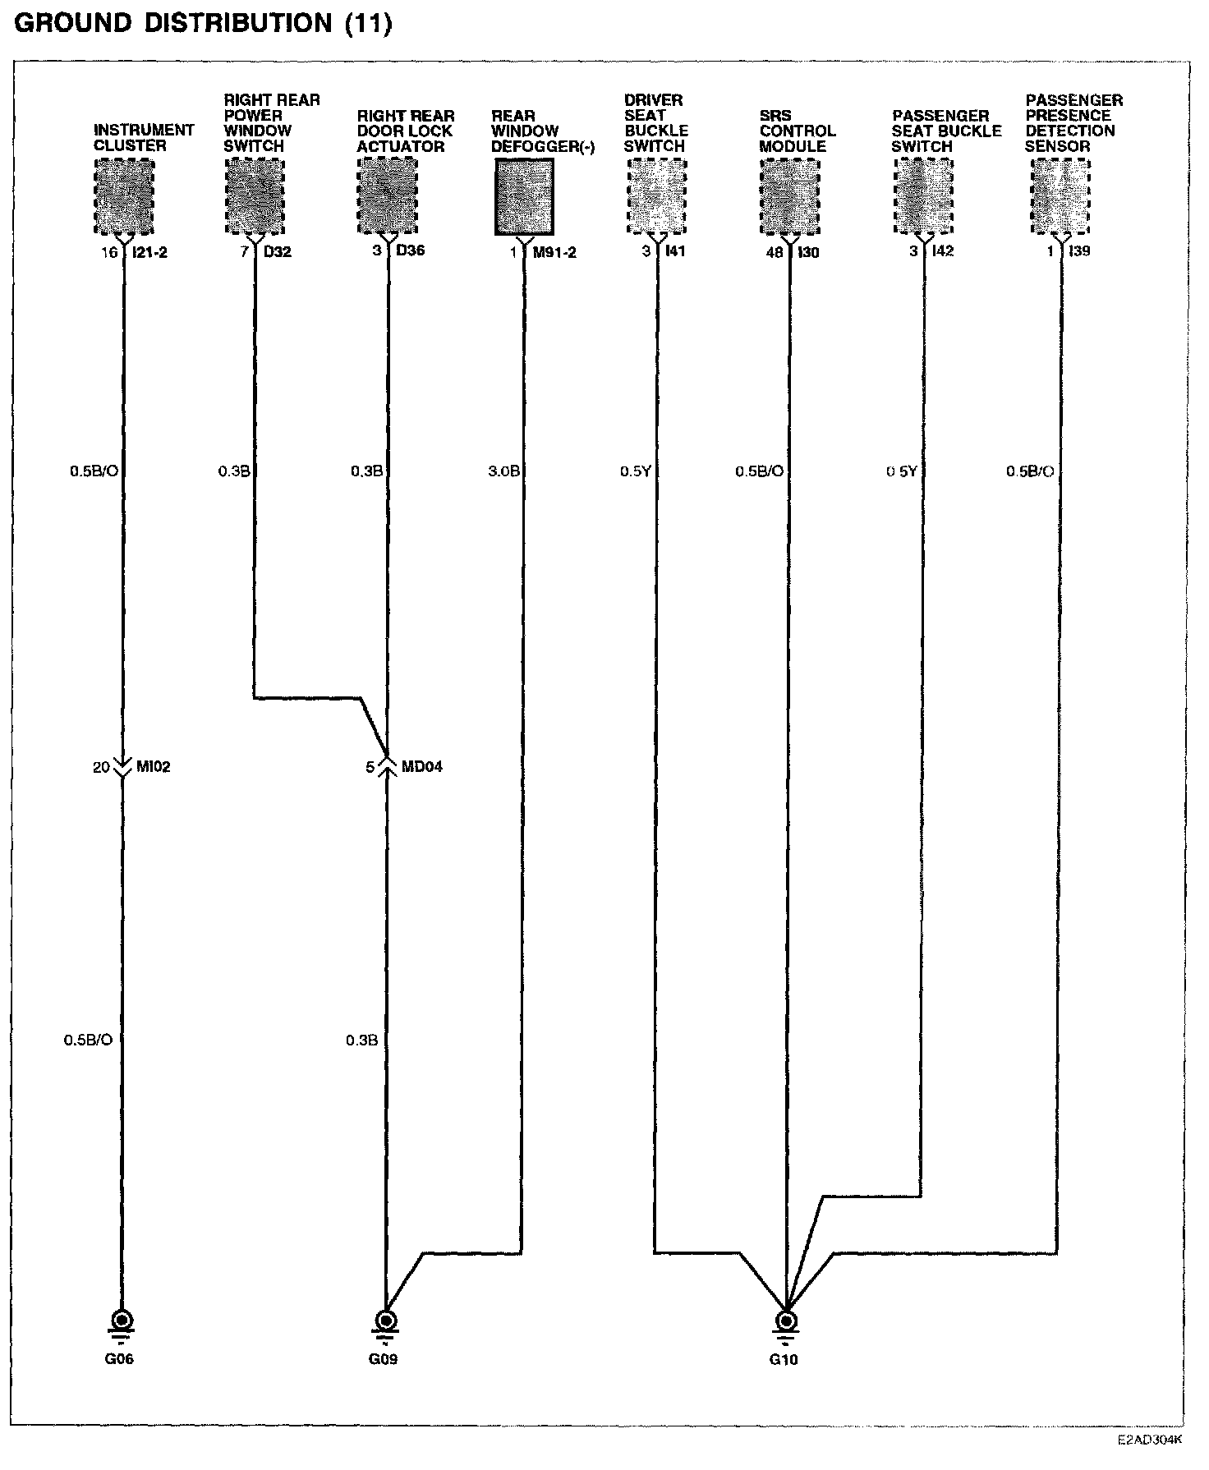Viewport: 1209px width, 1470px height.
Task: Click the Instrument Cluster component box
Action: click(124, 196)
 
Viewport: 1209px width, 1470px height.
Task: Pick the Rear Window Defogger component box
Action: click(524, 196)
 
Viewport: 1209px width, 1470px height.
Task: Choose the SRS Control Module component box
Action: click(790, 196)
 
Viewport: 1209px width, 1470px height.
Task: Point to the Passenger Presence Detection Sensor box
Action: click(1060, 196)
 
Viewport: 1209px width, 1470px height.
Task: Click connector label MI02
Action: click(154, 767)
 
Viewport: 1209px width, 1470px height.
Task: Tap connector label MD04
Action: click(422, 767)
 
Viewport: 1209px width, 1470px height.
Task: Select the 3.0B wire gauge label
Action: click(503, 471)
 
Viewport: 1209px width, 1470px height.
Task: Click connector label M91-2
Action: click(554, 252)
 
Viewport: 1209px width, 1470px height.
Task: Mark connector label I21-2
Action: click(149, 252)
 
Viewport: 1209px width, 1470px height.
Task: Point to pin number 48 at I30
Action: click(775, 252)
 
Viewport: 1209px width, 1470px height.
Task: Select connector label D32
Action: click(278, 251)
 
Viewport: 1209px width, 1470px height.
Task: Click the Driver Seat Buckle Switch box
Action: click(657, 196)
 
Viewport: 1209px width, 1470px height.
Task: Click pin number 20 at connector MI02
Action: click(101, 767)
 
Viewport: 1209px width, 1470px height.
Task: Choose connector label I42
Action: click(943, 251)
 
